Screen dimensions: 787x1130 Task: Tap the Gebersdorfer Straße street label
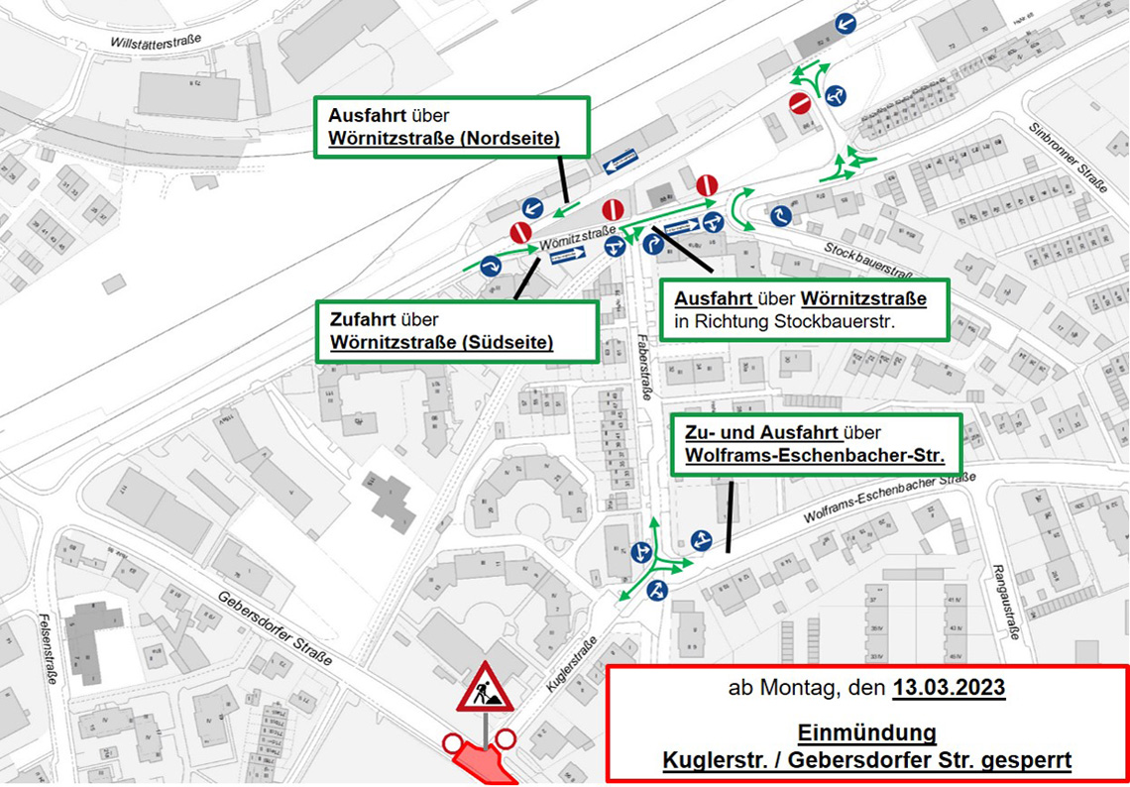tap(276, 621)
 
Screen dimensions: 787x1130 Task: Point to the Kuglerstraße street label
tap(567, 666)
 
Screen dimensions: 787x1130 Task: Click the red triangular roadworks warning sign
tap(485, 688)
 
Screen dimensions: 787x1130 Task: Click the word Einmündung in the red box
tap(867, 732)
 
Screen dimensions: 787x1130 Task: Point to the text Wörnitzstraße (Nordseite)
tap(444, 139)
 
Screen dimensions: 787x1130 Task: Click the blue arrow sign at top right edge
tap(846, 24)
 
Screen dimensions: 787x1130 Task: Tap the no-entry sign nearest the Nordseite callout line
tap(521, 233)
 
